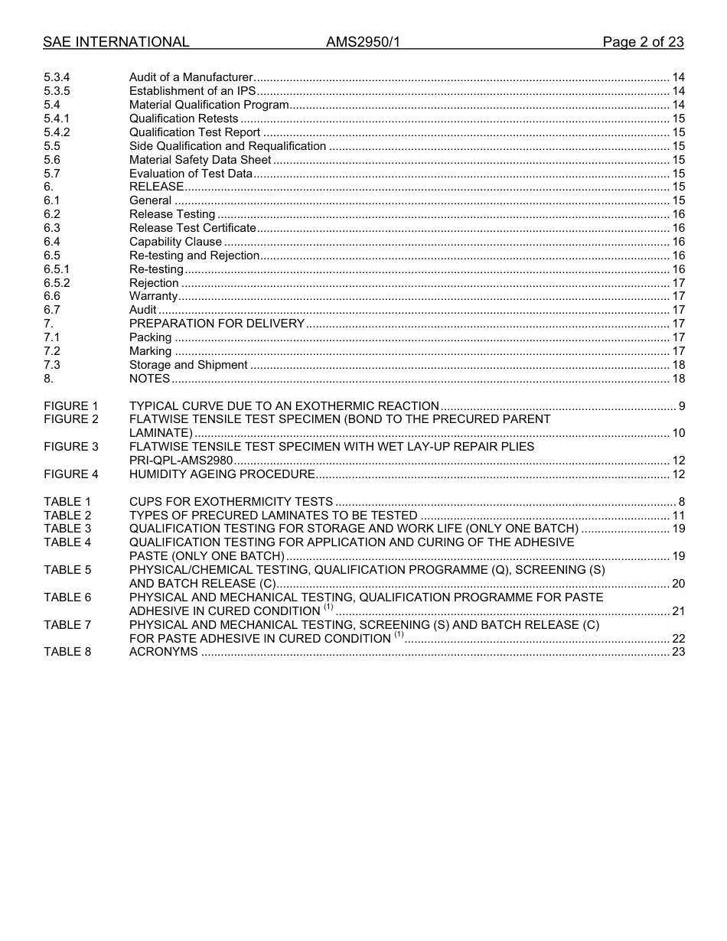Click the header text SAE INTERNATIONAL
[116, 42]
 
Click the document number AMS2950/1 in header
[363, 42]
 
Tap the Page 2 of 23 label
[643, 42]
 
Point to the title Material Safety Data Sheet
[200, 160]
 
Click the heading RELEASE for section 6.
[156, 187]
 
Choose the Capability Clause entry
[175, 242]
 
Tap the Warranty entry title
[153, 296]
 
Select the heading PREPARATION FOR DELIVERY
[217, 324]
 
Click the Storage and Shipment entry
[188, 365]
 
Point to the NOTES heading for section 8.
[149, 379]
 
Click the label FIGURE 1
[71, 406]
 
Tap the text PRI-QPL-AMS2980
[181, 461]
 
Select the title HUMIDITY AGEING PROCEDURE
[222, 474]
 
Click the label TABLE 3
[67, 529]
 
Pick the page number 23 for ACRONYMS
[678, 652]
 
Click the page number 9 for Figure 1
[681, 406]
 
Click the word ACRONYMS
[163, 652]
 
